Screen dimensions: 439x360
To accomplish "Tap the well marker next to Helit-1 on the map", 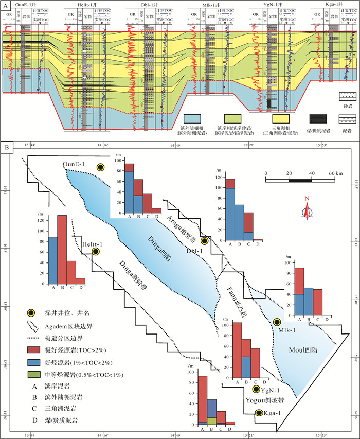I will click(x=96, y=251).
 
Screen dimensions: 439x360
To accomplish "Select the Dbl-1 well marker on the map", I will click(x=204, y=240).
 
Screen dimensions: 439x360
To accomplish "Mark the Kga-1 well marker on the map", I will click(x=259, y=413).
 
